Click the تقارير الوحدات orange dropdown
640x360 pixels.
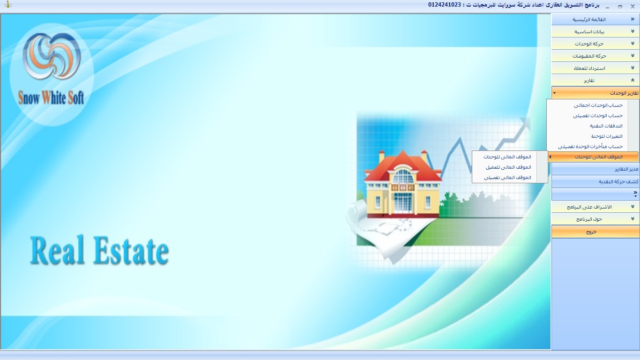coord(595,93)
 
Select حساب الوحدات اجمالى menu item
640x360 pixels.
coord(598,105)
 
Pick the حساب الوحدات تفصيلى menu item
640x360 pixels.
coord(598,115)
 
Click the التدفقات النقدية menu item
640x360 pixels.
coord(606,126)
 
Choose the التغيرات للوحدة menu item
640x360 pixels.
coord(607,136)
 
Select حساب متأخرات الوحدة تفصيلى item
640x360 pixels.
coord(590,146)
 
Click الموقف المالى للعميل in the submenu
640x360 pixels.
coord(508,167)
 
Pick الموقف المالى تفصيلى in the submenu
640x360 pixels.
coord(507,177)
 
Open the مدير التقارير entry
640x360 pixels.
coord(626,169)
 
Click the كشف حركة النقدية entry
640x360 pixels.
coord(618,181)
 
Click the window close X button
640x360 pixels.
coord(633,6)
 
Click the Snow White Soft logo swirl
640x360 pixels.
coord(52,56)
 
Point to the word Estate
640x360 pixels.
coord(131,250)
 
